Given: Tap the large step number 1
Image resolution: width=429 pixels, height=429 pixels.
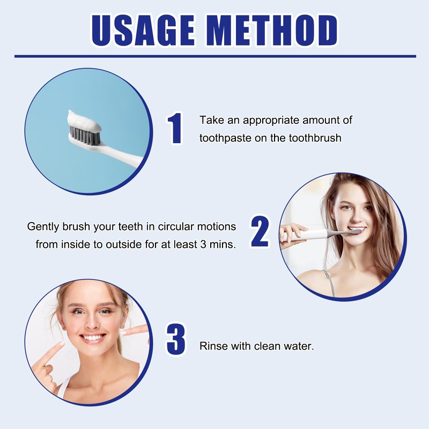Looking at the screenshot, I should (175, 129).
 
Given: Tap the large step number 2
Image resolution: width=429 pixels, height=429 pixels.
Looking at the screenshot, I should (260, 232).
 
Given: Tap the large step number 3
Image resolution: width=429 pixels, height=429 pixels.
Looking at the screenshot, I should (176, 339).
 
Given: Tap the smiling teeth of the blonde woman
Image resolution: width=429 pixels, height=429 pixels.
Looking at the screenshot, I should (94, 338).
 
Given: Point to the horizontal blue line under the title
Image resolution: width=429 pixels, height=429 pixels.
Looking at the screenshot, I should (214, 56).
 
